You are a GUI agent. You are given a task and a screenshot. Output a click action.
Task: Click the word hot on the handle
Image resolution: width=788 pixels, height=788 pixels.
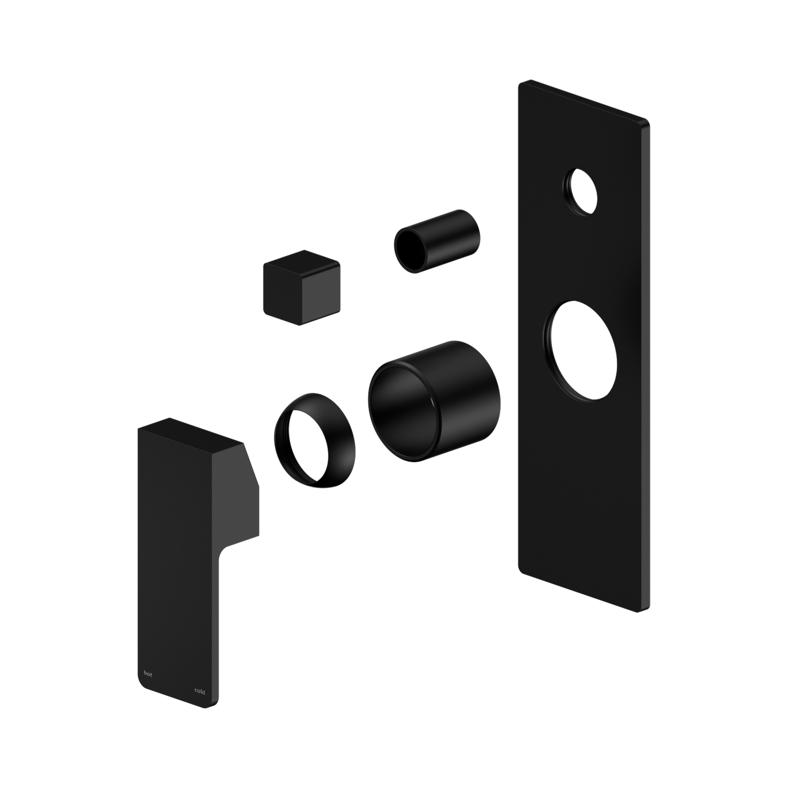(148, 674)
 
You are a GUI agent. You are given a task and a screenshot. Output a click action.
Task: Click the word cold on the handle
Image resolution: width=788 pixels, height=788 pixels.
(200, 691)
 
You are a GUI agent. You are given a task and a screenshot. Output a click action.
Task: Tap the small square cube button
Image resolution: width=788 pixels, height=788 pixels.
(302, 287)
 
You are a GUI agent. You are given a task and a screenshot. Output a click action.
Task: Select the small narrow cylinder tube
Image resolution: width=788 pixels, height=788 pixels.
(437, 241)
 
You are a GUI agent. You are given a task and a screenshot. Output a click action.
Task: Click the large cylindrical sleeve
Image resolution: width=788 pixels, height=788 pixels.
(434, 401)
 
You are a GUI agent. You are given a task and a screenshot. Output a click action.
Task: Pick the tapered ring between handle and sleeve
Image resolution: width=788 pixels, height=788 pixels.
(315, 441)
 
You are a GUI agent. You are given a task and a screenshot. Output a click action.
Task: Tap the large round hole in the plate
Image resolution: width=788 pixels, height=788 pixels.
(580, 351)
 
